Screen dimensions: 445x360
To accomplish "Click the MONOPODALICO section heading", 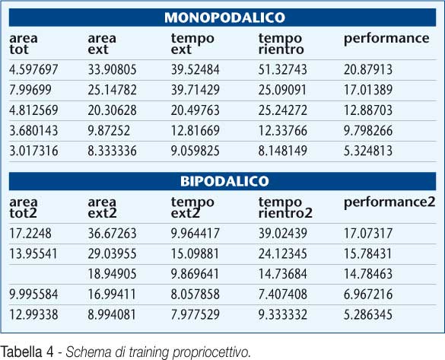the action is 224,18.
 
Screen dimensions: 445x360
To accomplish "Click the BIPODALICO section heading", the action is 224,181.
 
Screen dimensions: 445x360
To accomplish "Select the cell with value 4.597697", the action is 33,69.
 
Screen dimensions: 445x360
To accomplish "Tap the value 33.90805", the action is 112,69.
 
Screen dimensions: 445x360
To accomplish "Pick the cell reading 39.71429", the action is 195,90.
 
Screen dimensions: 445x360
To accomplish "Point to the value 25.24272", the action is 283,110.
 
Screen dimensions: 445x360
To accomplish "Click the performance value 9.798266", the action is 368,131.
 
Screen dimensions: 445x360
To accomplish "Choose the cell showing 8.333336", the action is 112,151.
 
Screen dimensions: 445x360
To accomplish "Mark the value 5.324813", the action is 368,151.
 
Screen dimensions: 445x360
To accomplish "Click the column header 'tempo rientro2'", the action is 285,208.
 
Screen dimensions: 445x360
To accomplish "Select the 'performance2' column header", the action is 389,202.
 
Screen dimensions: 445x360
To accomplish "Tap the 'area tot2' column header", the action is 24,208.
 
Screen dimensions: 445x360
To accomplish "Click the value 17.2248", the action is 30,234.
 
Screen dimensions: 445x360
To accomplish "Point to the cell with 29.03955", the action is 112,253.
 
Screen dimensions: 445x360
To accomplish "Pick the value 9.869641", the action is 195,274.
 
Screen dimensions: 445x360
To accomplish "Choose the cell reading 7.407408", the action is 283,294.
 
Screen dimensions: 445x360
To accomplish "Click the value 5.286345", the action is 368,314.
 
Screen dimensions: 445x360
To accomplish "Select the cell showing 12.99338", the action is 33,314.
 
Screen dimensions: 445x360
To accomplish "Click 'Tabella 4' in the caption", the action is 27,352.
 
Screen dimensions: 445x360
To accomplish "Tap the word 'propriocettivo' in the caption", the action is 211,353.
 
